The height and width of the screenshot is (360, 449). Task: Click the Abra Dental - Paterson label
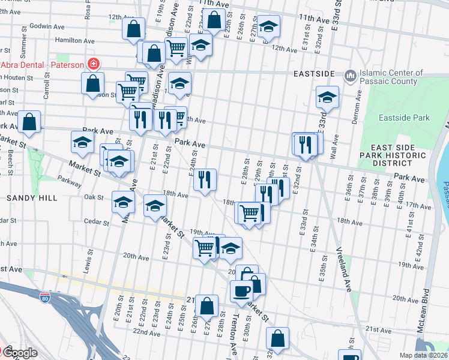tap(41, 65)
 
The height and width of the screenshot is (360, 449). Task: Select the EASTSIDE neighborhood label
tap(313, 73)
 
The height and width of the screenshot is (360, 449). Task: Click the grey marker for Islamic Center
tap(350, 76)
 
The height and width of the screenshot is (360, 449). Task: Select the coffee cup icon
tap(242, 291)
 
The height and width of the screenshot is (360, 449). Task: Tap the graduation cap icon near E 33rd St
tap(327, 97)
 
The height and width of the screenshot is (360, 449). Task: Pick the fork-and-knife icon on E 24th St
tap(205, 179)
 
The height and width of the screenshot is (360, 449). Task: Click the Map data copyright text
tap(424, 355)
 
